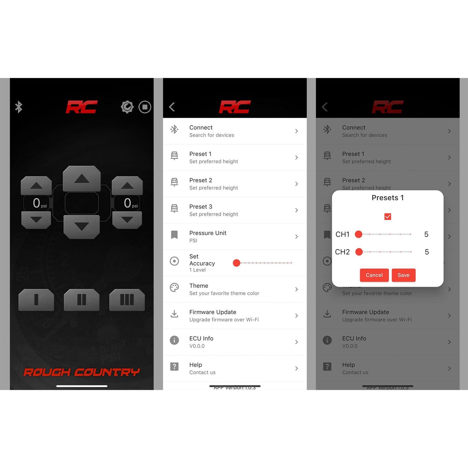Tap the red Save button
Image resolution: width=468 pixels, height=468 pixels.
coord(403,275)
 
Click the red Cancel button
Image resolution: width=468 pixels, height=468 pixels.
coord(374,275)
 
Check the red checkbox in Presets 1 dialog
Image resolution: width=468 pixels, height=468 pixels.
coord(388,217)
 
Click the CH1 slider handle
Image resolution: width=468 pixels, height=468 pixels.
coord(359,234)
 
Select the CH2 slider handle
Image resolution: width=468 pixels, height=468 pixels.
coord(359,252)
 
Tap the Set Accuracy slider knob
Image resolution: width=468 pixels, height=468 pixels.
coord(236,263)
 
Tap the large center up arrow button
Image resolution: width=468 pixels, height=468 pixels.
coord(82,178)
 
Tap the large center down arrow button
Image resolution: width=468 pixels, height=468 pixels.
coord(82,226)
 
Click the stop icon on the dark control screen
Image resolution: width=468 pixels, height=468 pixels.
coord(145,107)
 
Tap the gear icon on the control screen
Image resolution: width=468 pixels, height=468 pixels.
coord(127,107)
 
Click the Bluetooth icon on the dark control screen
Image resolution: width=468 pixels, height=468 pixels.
coord(19,107)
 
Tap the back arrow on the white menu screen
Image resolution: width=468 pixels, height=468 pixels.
coord(172,107)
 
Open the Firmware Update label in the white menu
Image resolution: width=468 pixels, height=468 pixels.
coord(213,312)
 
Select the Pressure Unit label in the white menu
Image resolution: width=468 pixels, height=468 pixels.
coord(208,233)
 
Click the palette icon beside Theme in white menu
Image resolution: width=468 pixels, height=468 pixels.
coord(174,288)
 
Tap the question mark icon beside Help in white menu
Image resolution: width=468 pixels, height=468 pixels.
coord(174,367)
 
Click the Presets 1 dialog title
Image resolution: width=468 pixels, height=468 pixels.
coord(388,198)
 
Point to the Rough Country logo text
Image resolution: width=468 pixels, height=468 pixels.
coord(82,372)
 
